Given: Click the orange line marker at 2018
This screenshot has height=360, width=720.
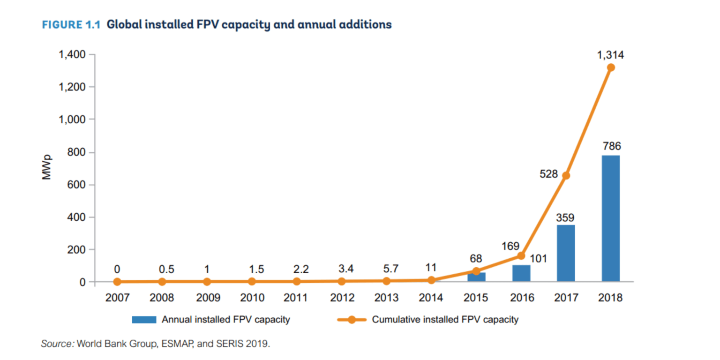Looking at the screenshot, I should click(610, 67).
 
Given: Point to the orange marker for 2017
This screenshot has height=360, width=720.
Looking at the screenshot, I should click(566, 175).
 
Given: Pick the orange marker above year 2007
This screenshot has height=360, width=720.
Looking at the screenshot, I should click(117, 282).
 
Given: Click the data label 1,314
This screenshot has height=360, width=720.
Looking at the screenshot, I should click(610, 55).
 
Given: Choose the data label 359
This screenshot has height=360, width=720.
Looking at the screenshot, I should click(566, 218).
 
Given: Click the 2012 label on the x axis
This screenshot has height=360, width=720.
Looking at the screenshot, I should click(342, 298).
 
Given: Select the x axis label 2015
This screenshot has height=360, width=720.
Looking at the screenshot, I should click(476, 298).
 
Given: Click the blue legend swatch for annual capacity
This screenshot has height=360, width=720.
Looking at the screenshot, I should click(144, 320).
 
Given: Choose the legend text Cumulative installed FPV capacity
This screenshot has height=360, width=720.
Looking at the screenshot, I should click(445, 320).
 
